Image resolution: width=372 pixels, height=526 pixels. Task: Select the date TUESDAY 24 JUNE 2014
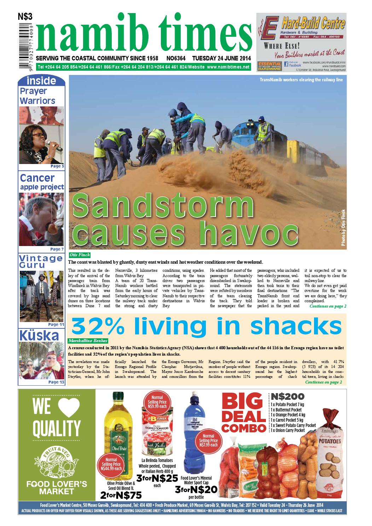coord(221,58)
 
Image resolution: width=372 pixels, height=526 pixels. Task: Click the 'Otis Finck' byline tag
coord(80,255)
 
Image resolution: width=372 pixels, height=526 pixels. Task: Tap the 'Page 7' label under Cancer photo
coord(57,249)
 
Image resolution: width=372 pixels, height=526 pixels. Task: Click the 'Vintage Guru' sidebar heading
coord(41,262)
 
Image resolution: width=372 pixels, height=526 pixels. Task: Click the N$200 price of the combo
coord(286,396)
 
